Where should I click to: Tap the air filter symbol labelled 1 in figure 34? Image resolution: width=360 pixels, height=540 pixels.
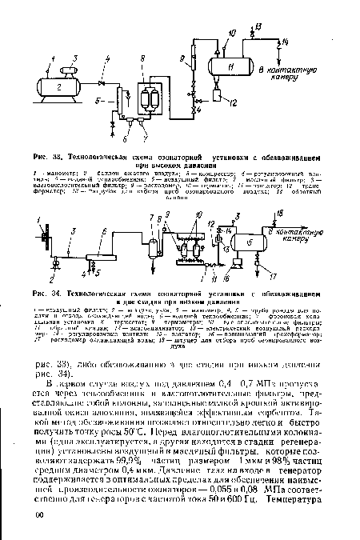pyautogui.click(x=41, y=239)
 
